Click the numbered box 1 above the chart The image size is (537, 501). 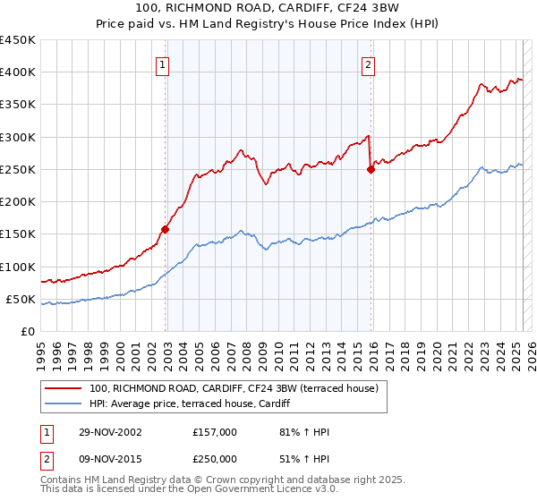tap(163, 64)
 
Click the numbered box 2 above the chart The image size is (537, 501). tap(369, 64)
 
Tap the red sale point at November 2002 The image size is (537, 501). tap(166, 229)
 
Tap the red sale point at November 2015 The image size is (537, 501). tap(371, 169)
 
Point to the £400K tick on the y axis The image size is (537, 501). tap(18, 72)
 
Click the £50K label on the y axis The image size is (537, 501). tap(21, 299)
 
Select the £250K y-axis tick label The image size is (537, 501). tap(18, 169)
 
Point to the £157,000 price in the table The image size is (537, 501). tap(214, 432)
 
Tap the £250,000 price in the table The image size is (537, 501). tap(214, 457)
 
